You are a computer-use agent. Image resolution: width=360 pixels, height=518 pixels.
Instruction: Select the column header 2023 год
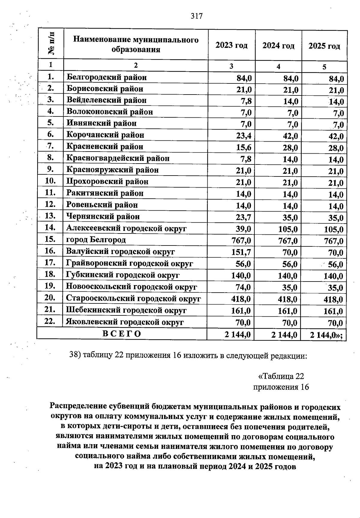[x=232, y=46]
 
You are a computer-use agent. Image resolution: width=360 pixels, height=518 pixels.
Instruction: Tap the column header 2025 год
[x=324, y=46]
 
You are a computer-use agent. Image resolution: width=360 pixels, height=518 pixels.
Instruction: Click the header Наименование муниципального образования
[x=136, y=44]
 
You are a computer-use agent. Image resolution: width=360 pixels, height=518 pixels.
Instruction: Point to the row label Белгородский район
[x=106, y=77]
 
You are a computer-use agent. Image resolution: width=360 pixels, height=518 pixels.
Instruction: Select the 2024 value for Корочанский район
[x=290, y=136]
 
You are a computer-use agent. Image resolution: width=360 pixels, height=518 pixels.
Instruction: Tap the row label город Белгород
[x=96, y=240]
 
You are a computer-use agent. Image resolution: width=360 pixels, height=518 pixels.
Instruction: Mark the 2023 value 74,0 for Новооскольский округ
[x=243, y=287]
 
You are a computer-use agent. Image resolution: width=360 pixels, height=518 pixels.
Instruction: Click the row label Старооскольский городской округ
[x=133, y=299]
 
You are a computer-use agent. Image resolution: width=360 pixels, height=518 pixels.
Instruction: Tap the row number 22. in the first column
[x=49, y=321]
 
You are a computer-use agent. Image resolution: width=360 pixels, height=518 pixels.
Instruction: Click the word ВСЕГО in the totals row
[x=122, y=334]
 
